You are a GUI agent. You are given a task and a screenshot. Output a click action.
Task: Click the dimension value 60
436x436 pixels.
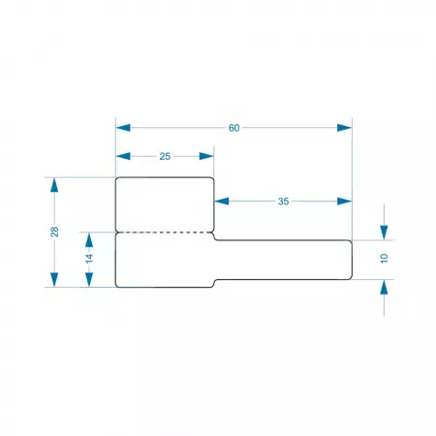[234, 128]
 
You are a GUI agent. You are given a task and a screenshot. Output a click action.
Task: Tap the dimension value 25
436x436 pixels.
[165, 156]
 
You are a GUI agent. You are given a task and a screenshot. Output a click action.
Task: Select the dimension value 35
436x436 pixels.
[283, 202]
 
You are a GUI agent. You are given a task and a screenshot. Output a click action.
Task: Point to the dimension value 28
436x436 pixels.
[54, 232]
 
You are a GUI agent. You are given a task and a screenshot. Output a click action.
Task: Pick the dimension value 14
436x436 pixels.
[89, 258]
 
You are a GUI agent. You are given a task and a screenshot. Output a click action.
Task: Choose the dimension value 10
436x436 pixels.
[384, 259]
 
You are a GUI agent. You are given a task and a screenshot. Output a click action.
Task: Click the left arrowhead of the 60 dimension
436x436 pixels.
[123, 128]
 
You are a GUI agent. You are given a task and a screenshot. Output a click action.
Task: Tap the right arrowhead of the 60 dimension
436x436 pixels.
[344, 128]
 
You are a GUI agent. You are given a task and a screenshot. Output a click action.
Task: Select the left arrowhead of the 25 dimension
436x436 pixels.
[123, 156]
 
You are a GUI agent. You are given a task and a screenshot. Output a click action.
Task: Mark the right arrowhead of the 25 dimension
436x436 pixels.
[206, 156]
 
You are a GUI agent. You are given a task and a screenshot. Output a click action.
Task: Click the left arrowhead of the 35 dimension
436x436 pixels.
[222, 202]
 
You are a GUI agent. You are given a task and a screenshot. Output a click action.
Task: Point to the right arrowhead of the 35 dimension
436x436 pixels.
[344, 202]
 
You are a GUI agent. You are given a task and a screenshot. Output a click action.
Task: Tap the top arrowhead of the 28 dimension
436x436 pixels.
[54, 185]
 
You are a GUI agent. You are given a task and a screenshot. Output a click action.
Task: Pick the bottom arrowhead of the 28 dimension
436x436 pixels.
[54, 280]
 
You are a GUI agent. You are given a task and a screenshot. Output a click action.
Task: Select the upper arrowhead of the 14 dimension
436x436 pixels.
[89, 239]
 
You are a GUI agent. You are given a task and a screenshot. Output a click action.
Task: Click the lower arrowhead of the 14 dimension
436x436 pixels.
[89, 280]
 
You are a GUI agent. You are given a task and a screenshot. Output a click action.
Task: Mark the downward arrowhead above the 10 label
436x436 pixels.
[384, 233]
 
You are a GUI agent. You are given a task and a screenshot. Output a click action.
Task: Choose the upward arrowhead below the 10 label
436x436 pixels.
[384, 287]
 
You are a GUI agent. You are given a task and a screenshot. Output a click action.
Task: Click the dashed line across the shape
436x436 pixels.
[165, 232]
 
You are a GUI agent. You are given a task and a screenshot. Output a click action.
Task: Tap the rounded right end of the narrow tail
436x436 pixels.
[352, 260]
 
